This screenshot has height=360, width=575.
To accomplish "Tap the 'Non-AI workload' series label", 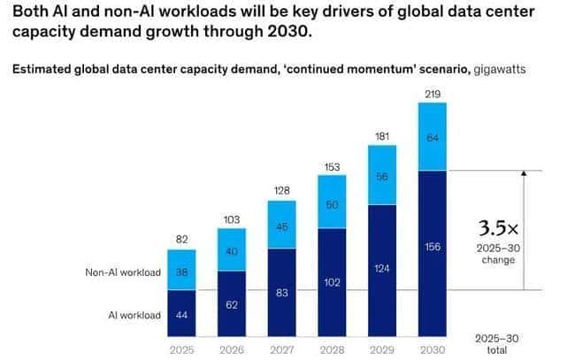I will click(x=122, y=273).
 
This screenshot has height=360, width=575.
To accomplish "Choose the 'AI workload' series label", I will click(x=134, y=316).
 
